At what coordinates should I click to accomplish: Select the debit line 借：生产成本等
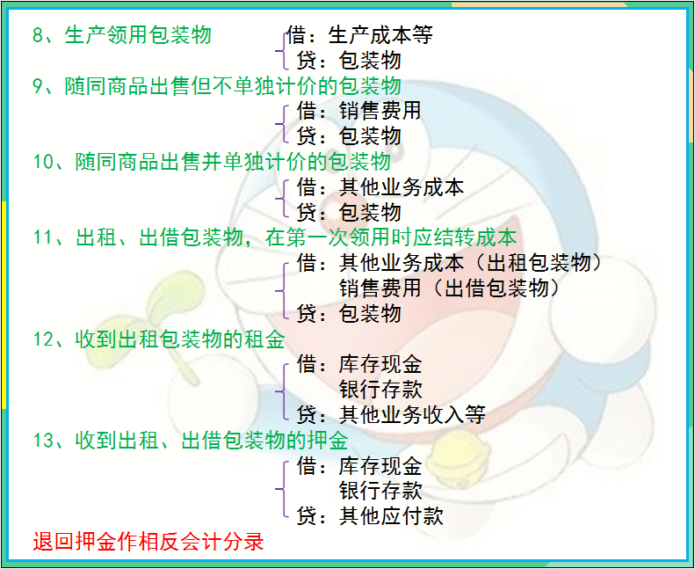[x=359, y=35]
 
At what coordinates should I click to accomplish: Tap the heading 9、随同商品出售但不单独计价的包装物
[x=216, y=86]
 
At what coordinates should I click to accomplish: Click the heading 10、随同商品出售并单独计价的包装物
[x=211, y=163]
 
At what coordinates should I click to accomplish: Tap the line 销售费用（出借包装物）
[x=449, y=288]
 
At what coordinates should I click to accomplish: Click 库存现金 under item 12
[x=380, y=364]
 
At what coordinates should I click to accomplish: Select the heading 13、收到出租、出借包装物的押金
[x=190, y=440]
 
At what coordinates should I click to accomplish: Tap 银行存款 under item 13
[x=380, y=490]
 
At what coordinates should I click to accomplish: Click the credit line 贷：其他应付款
[x=370, y=515]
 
